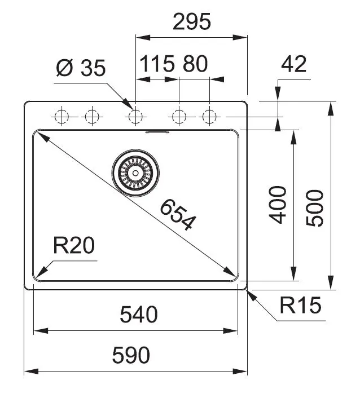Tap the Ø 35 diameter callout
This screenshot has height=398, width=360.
(x=81, y=68)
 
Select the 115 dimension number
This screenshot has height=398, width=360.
(x=157, y=64)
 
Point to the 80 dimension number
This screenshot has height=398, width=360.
(x=195, y=64)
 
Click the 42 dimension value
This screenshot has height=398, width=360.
(x=293, y=64)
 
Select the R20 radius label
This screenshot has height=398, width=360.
(x=73, y=246)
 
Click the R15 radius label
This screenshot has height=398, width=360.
(x=300, y=306)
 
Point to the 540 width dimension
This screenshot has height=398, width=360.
(x=139, y=315)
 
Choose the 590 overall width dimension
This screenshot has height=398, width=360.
(x=131, y=356)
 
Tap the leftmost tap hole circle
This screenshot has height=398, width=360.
(x=61, y=117)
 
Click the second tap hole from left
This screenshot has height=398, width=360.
(x=91, y=117)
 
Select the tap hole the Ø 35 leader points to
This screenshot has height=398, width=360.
(x=135, y=117)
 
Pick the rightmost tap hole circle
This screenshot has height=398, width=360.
(x=210, y=117)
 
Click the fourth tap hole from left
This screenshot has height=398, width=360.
(x=179, y=117)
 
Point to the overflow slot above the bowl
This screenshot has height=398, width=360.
(x=157, y=132)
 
